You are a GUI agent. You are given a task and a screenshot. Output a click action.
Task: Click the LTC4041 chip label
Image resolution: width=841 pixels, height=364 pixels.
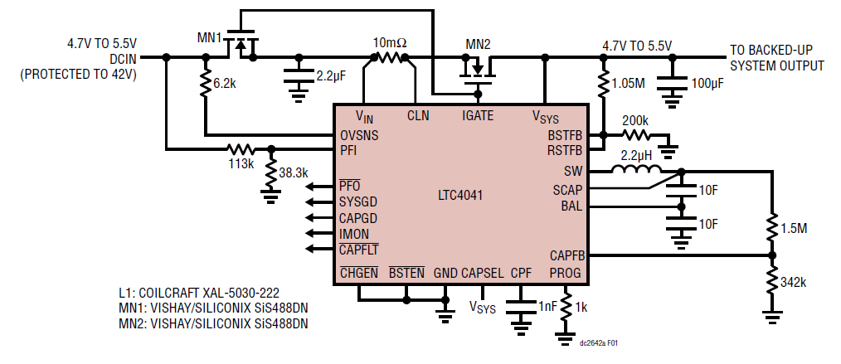460,197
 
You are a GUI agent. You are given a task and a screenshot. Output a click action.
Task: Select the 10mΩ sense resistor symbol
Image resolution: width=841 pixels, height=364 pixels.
389,58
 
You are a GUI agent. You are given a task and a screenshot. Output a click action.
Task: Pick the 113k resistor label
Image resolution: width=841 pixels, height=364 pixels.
241,164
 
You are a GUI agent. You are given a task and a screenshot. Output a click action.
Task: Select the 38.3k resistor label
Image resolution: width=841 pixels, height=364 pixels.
293,173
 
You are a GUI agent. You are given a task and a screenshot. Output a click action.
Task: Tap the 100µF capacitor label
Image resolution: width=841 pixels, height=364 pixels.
707,85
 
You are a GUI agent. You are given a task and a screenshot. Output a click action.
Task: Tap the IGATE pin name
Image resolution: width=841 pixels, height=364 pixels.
477,116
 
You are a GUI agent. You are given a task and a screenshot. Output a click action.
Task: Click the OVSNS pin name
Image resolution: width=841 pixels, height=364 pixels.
359,135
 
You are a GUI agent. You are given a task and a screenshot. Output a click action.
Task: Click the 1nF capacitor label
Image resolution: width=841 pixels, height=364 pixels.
547,307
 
